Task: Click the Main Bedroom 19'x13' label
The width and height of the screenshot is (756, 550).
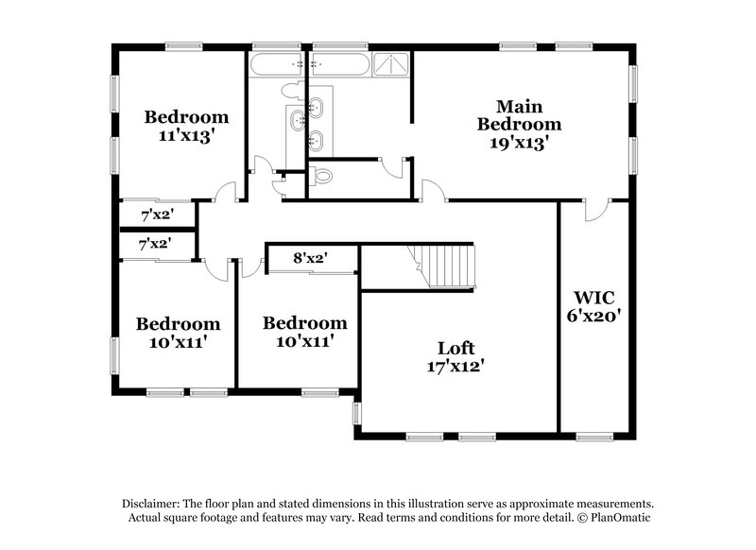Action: pos(519,124)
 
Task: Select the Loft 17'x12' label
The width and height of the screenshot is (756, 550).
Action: pos(455,356)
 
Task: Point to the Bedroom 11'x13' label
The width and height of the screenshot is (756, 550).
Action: pos(186,126)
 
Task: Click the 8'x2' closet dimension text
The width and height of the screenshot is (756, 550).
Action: pos(311,257)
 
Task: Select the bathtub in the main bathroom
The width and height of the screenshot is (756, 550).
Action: pos(340,64)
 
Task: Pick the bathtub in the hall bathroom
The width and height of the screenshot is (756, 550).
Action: pos(275,64)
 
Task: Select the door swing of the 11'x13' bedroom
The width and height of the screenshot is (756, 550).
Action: pos(225,193)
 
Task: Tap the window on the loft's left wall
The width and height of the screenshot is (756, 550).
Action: pos(356,413)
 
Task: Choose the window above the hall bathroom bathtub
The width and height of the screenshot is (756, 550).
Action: pos(275,45)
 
